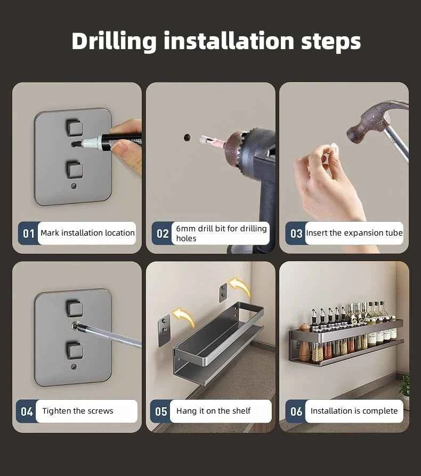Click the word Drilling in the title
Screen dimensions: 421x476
pyautogui.click(x=114, y=41)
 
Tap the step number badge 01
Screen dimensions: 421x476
pyautogui.click(x=29, y=233)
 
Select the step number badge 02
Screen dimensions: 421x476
pyautogui.click(x=163, y=233)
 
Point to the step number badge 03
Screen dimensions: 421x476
pyautogui.click(x=296, y=233)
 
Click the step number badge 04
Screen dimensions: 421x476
pyautogui.click(x=27, y=412)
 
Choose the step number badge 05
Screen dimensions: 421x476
pyautogui.click(x=161, y=412)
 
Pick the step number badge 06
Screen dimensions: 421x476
pyautogui.click(x=296, y=412)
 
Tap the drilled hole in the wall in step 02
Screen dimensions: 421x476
pyautogui.click(x=187, y=138)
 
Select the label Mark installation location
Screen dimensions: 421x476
pyautogui.click(x=87, y=233)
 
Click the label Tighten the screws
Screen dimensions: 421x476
pyautogui.click(x=78, y=411)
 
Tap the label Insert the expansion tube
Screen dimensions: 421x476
pyautogui.click(x=354, y=233)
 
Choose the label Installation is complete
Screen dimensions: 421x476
pyautogui.click(x=354, y=411)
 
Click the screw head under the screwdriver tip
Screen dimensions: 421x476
pyautogui.click(x=76, y=326)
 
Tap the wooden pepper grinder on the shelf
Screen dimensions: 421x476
pyautogui.click(x=304, y=342)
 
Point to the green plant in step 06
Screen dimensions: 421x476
pyautogui.click(x=404, y=385)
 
